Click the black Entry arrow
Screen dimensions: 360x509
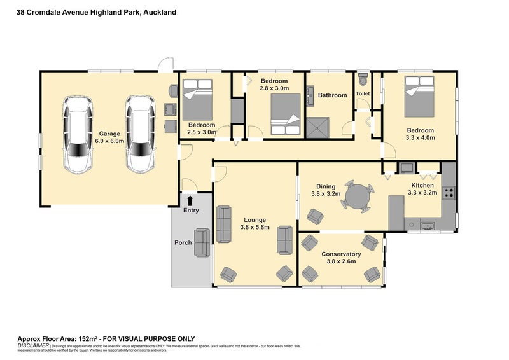tap(190, 201)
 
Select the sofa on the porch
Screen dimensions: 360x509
tap(202, 242)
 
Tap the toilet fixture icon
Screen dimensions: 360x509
tap(363, 80)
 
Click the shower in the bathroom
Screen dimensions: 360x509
tap(319, 127)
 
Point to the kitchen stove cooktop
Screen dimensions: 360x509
tap(449, 192)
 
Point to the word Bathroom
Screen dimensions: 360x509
tap(332, 95)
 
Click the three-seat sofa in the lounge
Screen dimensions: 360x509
tap(224, 224)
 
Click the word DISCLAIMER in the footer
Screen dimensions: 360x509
tap(32, 345)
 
